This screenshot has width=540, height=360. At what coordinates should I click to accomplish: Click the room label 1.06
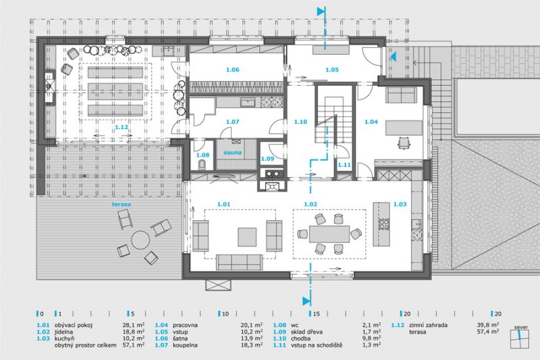coord(232,70)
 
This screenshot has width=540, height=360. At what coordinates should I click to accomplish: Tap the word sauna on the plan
coord(232,152)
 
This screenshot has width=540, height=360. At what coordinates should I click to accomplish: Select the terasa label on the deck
coord(122,204)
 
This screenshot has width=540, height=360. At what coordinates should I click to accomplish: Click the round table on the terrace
coord(140,239)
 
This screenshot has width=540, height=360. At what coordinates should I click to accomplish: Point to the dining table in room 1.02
coord(329,234)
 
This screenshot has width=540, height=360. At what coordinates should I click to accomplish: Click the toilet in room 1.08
coord(202,165)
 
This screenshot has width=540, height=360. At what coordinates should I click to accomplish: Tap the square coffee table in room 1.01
coord(247,237)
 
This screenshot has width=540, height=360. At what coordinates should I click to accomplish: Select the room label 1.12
coord(122,127)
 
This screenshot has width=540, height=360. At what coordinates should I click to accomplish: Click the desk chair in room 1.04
coord(403,143)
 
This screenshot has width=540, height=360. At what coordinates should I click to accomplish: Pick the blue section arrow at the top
coord(321,11)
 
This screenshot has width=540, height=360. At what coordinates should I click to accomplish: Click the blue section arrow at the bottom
coord(306,301)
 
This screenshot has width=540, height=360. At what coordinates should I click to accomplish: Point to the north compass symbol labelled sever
coord(520,339)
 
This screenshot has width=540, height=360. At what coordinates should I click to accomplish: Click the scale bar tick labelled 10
coord(219,313)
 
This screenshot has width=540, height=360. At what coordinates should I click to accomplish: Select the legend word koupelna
coord(185,345)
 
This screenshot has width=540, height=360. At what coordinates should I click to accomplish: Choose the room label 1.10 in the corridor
coord(300,122)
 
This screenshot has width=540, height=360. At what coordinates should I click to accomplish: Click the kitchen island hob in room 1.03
coord(383,224)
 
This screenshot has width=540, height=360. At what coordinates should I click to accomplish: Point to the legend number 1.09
coord(279,332)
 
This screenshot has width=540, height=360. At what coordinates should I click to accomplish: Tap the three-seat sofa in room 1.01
coord(240,262)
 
